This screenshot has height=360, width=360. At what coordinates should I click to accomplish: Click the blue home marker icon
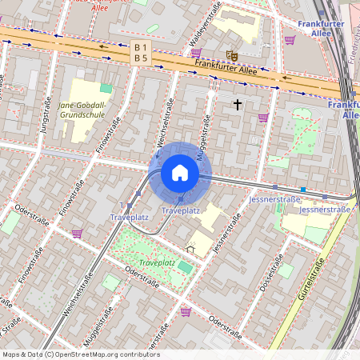(179, 173)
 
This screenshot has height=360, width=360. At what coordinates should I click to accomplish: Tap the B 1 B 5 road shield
(141, 53)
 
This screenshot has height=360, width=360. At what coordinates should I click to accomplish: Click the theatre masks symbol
(232, 55)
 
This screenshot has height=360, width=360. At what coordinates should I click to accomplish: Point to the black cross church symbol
(237, 104)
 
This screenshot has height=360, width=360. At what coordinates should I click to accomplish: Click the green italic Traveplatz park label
(157, 262)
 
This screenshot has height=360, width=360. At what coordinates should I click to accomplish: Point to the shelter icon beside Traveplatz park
(190, 249)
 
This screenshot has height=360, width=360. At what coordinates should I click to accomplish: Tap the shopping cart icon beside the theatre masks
(196, 53)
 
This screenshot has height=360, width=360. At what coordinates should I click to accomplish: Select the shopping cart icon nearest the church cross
(262, 118)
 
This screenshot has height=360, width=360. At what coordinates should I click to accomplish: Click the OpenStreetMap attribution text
(80, 354)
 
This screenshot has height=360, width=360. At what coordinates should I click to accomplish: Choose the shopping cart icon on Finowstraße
(77, 234)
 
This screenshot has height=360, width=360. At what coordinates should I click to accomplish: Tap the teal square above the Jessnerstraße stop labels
(303, 190)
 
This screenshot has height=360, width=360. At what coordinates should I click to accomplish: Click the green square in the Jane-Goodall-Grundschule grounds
(106, 88)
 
